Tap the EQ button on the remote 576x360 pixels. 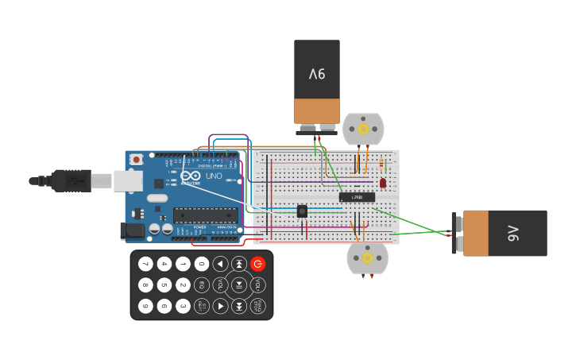(x=202, y=285)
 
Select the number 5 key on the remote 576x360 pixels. (x=164, y=285)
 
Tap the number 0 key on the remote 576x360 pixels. (x=202, y=264)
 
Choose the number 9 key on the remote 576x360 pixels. (x=145, y=305)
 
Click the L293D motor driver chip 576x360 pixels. (x=357, y=196)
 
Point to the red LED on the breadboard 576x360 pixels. (x=383, y=183)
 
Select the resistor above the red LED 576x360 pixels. (x=382, y=165)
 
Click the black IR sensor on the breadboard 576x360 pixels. (x=302, y=211)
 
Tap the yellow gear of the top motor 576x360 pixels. (x=363, y=129)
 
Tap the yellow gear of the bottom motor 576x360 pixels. (x=367, y=257)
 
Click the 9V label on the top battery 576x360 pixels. (x=317, y=74)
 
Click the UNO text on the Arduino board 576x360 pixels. (x=214, y=176)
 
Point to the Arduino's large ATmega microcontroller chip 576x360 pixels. (x=205, y=215)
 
